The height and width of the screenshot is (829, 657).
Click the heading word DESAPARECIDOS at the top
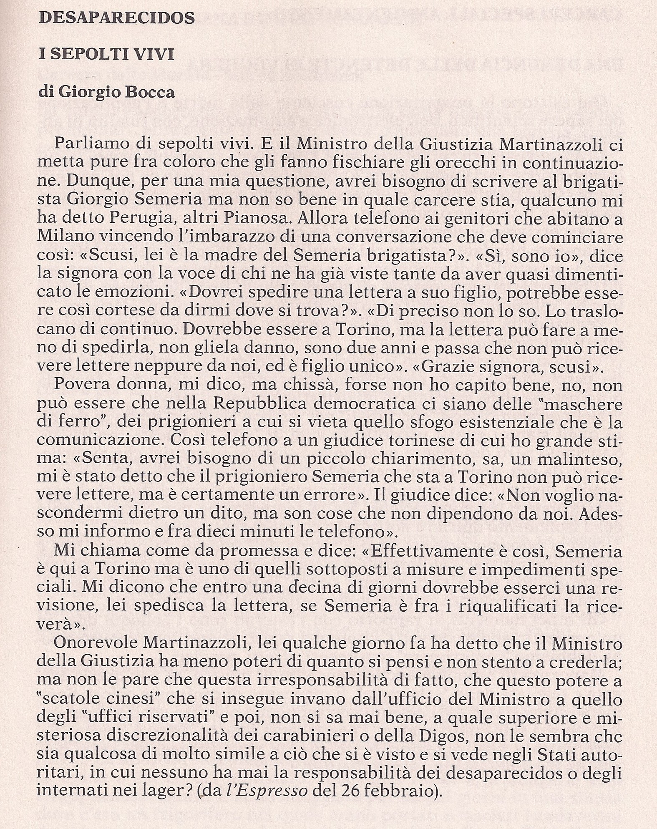(117, 18)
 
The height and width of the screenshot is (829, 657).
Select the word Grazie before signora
(449, 368)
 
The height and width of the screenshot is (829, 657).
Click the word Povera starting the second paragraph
(80, 386)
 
